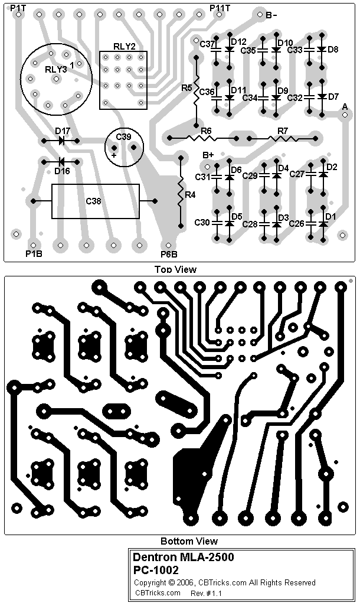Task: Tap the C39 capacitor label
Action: pyautogui.click(x=123, y=136)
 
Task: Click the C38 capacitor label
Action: pyautogui.click(x=93, y=201)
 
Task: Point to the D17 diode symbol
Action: pyautogui.click(x=61, y=141)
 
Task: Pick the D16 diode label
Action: pyautogui.click(x=62, y=171)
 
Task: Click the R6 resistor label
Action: pyautogui.click(x=206, y=131)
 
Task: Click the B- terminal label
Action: pyautogui.click(x=271, y=16)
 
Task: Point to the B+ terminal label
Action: pyautogui.click(x=208, y=155)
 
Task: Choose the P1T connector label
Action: pyautogui.click(x=18, y=7)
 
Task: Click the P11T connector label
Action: pyautogui.click(x=220, y=7)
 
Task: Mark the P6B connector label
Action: pyautogui.click(x=169, y=255)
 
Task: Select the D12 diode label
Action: pyautogui.click(x=238, y=42)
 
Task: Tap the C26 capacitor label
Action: pyautogui.click(x=297, y=224)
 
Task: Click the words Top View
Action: pyautogui.click(x=175, y=269)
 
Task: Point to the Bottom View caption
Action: pyautogui.click(x=189, y=541)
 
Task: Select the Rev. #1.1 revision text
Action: pyautogui.click(x=207, y=592)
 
